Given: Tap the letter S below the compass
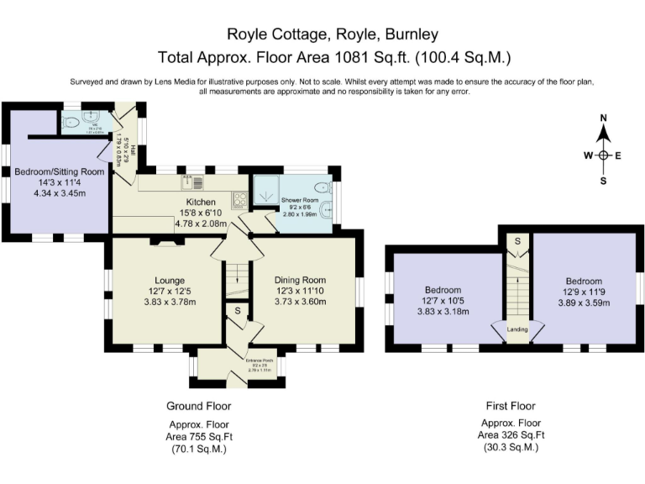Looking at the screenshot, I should [603, 181].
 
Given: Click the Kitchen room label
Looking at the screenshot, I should [201, 203].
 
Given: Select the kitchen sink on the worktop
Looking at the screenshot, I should [191, 181].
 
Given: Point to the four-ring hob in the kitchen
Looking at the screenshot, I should [238, 199].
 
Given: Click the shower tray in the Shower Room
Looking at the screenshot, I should [265, 192].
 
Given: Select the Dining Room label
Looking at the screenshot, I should [301, 281].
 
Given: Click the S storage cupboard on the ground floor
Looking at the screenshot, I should [238, 311].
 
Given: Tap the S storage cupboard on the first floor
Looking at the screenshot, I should [517, 241].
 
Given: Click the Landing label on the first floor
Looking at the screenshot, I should [517, 329].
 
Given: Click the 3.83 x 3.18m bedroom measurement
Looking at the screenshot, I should [444, 311].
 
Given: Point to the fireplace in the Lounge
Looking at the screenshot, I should [165, 242].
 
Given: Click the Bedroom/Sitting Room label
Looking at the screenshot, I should [59, 171].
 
